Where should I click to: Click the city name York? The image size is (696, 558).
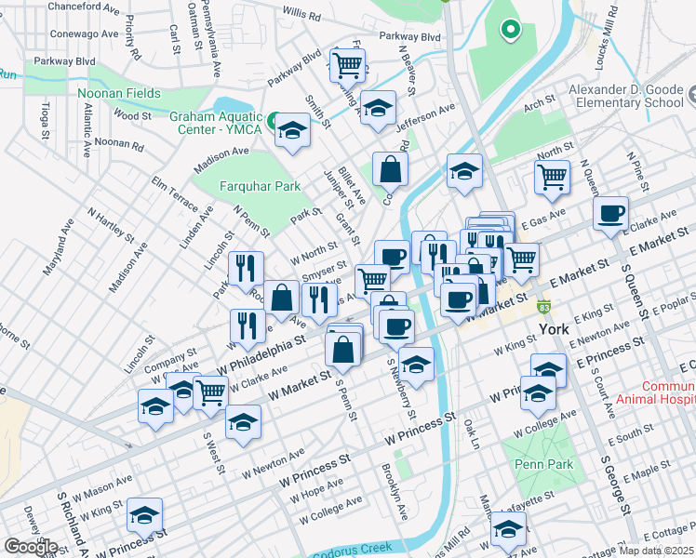559,330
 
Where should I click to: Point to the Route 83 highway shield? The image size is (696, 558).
543,307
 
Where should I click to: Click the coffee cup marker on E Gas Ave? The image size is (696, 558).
610,214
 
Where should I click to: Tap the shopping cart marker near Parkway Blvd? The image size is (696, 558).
346,65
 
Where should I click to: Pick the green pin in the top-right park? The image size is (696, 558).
509,30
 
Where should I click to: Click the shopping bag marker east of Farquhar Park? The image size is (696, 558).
390,168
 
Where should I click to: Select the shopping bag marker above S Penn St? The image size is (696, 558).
342,350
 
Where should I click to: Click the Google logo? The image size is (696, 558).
31,547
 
